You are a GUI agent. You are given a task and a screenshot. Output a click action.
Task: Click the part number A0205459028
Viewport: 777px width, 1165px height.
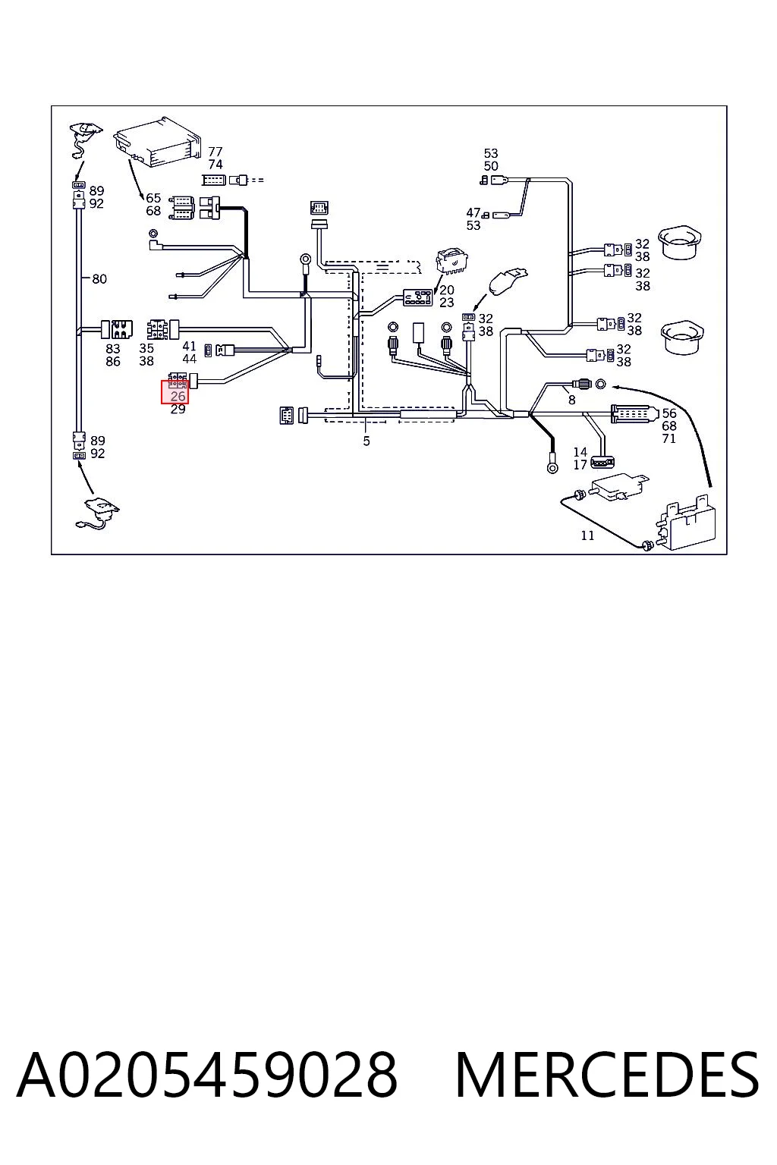tap(207, 1075)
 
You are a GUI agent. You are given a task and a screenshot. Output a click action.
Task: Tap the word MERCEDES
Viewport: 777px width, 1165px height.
tap(607, 1075)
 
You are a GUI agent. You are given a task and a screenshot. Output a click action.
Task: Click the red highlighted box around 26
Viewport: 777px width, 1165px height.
tap(175, 392)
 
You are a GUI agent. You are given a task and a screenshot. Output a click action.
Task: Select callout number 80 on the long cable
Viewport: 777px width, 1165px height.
tap(99, 279)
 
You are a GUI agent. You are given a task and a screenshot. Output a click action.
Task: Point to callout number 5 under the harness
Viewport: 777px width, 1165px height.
tap(366, 441)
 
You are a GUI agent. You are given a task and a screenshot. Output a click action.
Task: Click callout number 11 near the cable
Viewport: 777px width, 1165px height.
tap(587, 535)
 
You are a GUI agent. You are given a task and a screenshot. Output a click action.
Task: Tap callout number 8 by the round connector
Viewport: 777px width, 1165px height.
tap(572, 400)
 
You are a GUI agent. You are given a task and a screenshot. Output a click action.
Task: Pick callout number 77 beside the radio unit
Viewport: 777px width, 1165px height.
tap(215, 152)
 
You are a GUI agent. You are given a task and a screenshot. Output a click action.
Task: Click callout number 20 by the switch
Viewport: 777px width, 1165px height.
tap(446, 290)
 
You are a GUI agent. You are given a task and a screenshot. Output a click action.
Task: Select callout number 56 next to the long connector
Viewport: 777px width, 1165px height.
tap(669, 413)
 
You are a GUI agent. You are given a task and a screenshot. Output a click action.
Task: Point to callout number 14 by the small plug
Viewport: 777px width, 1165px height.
tap(580, 452)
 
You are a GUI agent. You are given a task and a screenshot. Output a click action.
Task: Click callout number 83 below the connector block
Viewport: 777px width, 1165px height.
tap(113, 349)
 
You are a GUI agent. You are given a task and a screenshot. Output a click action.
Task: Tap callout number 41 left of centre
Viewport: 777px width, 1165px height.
tap(190, 347)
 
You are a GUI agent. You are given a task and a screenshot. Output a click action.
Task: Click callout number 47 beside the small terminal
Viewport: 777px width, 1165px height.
tap(473, 212)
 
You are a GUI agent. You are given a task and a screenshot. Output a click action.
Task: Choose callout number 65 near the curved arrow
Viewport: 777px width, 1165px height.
tap(153, 198)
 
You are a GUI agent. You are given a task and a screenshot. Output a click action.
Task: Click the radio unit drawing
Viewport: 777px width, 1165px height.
tap(156, 141)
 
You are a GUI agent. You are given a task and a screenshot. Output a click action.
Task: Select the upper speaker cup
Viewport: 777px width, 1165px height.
tap(680, 243)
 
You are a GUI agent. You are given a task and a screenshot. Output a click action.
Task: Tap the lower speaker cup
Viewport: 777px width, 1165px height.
tap(682, 338)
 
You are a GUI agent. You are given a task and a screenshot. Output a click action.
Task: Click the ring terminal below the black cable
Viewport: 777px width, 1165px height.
tap(552, 467)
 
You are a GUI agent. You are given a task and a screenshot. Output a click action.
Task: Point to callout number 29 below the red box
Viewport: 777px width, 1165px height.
tap(178, 410)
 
